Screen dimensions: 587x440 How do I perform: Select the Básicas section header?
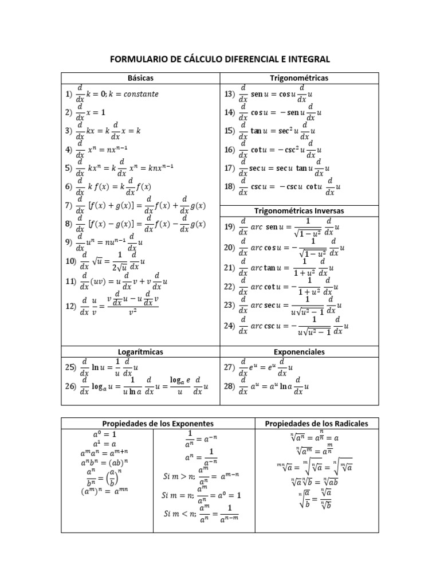[x=140, y=77]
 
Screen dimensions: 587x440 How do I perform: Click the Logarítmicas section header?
[x=140, y=351]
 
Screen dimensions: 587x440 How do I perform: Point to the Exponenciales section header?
[x=298, y=351]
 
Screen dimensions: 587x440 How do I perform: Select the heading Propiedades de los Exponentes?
[x=158, y=424]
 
